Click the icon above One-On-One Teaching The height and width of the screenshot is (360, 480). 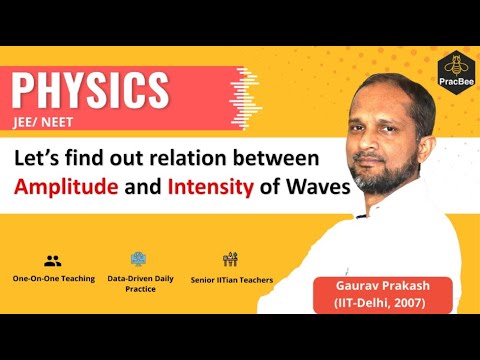point(53,259)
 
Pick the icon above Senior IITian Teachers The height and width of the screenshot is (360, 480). point(230,259)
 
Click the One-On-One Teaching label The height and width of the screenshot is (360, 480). point(53,279)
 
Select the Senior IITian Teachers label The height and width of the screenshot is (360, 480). point(231,279)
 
